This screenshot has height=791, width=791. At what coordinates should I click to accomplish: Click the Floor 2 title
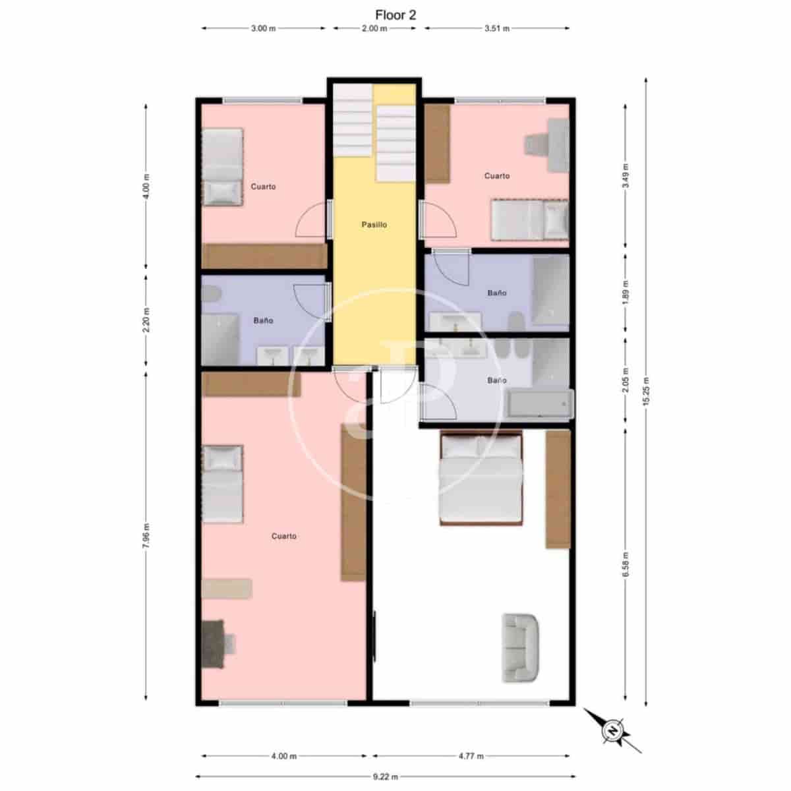395,15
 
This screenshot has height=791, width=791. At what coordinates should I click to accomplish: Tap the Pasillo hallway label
374,225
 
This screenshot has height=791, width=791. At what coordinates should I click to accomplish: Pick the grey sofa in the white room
521,647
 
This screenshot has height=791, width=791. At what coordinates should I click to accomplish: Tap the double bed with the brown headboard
481,478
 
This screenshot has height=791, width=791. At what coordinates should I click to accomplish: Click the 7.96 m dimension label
146,535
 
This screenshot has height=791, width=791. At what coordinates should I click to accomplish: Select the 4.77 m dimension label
471,756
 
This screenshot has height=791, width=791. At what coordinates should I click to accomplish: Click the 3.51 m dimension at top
497,28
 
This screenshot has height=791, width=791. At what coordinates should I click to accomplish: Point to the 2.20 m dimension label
146,320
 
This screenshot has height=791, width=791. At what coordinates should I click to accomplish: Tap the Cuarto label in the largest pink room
284,537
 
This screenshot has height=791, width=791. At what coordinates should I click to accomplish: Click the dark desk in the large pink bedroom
214,644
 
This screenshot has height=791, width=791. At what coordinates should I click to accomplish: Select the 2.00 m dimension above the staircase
374,28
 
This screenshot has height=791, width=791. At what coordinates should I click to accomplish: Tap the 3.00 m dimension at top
263,28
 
